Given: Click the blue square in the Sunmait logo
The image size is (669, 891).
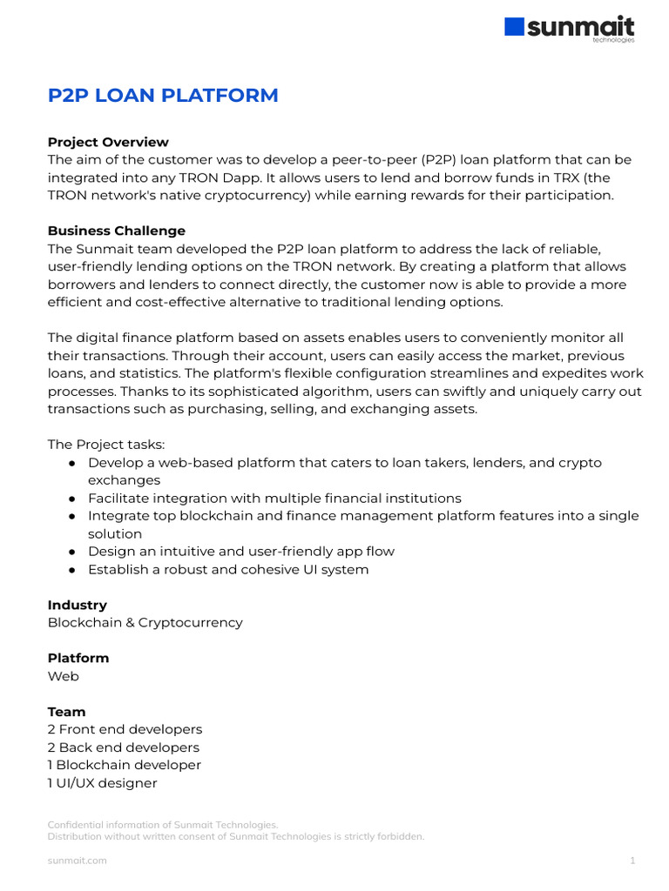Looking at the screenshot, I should [515, 27].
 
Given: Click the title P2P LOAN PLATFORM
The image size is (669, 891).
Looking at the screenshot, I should [163, 96].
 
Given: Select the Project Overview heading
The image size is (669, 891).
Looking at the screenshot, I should [108, 142].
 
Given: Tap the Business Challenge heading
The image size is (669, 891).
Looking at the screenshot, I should [116, 231].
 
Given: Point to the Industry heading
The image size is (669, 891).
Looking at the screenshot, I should [78, 605].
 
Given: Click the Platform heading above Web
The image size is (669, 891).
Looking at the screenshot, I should [78, 658].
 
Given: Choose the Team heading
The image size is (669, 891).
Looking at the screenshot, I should [67, 712].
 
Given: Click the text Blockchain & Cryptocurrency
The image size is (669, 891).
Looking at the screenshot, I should [145, 623].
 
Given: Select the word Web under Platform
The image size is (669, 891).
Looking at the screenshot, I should [63, 676].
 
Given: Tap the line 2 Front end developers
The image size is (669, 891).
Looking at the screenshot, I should [125, 729].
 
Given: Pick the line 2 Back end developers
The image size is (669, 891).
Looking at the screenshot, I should [123, 747].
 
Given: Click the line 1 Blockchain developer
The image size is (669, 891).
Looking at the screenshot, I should [125, 765].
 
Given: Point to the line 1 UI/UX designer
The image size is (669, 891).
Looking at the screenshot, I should [102, 783].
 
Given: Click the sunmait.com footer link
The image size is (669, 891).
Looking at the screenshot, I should [77, 861].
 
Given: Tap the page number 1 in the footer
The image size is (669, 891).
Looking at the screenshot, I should [632, 861].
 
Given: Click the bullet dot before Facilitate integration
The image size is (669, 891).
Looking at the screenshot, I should [73, 499].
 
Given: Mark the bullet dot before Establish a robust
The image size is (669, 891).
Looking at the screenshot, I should [73, 570].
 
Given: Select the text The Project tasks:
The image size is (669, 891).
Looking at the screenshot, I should [105, 445].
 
